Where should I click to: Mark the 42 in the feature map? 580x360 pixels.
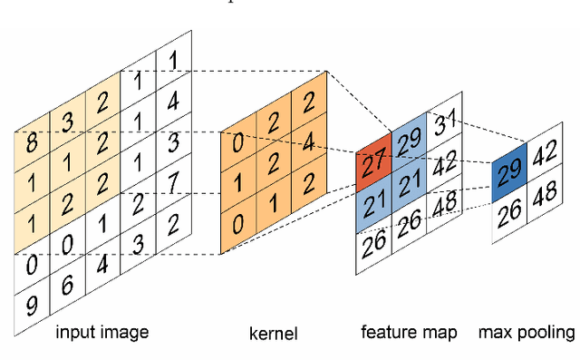pos(443,166)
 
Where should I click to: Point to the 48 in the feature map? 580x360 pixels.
pos(443,205)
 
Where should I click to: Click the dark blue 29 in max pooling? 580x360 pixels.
pos(509,172)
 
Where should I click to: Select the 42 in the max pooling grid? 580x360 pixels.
pos(545,154)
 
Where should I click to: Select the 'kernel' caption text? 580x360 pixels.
pos(273,335)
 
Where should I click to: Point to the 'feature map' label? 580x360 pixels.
pos(409,332)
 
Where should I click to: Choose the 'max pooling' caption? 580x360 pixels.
pos(527,332)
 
